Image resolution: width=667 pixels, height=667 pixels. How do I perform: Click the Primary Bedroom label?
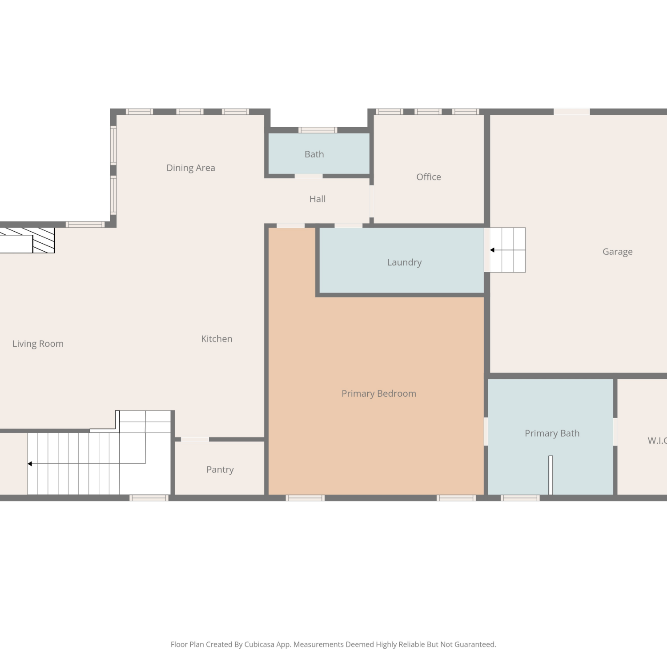tap(379, 394)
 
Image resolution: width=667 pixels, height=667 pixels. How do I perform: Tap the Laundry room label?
tap(404, 262)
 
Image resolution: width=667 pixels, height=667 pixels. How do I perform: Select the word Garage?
tap(617, 252)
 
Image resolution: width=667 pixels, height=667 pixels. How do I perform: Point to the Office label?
tap(429, 177)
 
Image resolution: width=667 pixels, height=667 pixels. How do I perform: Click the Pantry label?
tap(220, 470)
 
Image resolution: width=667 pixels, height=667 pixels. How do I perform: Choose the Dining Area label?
tap(191, 168)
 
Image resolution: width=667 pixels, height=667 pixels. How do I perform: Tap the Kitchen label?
tap(217, 339)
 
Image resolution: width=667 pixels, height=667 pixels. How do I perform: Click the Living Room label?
tap(38, 344)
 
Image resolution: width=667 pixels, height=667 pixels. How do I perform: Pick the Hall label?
tap(317, 199)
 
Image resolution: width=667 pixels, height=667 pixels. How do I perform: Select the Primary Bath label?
tap(552, 434)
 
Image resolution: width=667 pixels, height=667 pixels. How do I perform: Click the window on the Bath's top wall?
tap(317, 130)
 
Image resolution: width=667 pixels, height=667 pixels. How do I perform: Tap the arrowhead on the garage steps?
tap(492, 250)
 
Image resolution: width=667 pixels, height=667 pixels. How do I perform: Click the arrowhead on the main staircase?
tap(30, 464)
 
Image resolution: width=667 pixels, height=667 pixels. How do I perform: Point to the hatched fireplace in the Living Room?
tap(44, 241)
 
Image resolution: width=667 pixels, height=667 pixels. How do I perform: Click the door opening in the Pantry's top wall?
tap(195, 439)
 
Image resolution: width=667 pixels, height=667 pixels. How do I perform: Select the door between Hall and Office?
tap(371, 201)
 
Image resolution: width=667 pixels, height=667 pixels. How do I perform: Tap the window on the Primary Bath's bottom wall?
tap(520, 498)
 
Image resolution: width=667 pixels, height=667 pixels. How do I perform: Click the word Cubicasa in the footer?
tap(259, 645)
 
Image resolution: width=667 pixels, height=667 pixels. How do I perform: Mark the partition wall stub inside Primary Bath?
tap(550, 475)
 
